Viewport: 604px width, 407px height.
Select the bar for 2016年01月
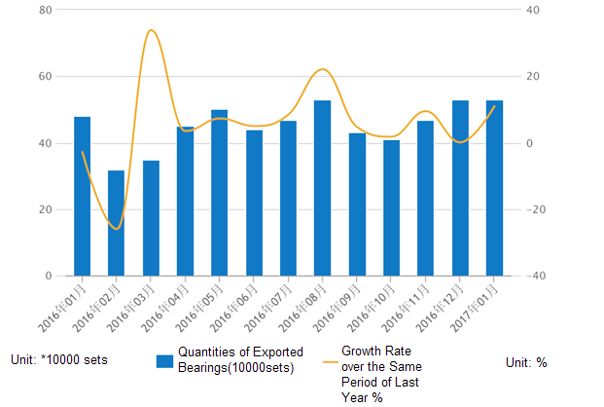[x=83, y=196]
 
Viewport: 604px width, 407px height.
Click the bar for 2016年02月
[x=117, y=223]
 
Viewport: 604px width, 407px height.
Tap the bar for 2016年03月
[x=151, y=218]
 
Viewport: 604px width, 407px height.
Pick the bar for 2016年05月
[x=220, y=193]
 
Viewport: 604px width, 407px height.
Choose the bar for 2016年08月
[x=323, y=188]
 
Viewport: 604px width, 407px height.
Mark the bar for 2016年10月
[x=391, y=207]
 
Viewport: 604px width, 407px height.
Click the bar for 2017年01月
[x=494, y=188]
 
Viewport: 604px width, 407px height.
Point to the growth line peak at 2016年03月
[x=151, y=30]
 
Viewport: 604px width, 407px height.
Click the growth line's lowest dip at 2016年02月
[x=117, y=229]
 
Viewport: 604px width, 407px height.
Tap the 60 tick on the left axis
[x=44, y=77]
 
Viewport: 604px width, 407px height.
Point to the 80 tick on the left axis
[x=44, y=10]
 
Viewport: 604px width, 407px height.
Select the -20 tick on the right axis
[x=537, y=210]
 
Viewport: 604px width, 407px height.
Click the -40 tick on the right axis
[x=537, y=277]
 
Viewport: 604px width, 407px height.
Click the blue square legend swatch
[x=164, y=361]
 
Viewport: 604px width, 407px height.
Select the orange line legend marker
[x=330, y=361]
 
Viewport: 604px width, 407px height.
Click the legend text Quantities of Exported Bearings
[x=240, y=359]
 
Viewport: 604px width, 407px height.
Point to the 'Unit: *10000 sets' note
[x=59, y=360]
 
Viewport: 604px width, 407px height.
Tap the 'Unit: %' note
[x=526, y=362]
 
